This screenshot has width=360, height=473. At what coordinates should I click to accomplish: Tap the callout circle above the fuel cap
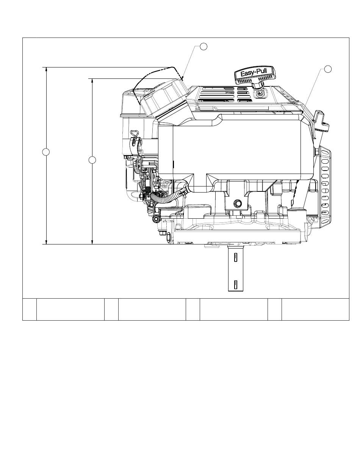coord(203,46)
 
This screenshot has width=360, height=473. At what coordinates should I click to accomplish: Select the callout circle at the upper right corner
coord(328,69)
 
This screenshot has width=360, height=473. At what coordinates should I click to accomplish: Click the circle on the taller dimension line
coord(46,152)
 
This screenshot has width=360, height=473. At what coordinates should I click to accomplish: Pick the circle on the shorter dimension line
coord(92,160)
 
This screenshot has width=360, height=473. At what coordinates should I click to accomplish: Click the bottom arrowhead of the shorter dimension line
coord(92,242)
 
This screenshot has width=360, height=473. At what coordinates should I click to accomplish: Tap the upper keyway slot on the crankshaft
coord(236,257)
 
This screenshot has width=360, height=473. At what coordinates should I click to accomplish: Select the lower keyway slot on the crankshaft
coord(236,285)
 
